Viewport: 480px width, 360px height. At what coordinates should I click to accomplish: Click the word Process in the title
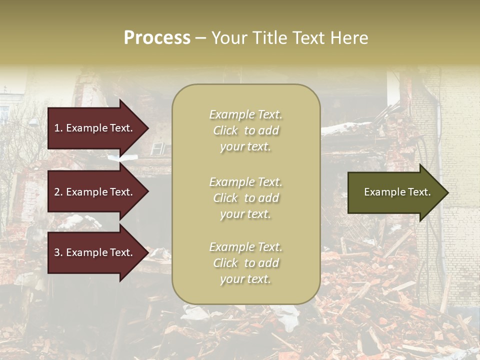coord(157,38)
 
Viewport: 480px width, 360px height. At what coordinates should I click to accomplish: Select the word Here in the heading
coord(350,38)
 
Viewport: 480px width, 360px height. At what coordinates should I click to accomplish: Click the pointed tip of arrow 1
coord(147,128)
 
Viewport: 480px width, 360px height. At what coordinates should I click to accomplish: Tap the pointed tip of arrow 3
coord(147,252)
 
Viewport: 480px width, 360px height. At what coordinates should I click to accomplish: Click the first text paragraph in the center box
coord(245,130)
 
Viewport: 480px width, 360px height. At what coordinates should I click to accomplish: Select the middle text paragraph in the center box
coord(245,198)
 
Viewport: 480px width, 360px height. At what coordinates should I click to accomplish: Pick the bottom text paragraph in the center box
coord(245,263)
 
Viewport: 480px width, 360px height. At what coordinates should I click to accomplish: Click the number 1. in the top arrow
coord(58,128)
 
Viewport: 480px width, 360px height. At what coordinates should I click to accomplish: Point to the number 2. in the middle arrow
coord(58,192)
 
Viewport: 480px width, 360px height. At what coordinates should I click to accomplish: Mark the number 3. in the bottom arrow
coord(58,252)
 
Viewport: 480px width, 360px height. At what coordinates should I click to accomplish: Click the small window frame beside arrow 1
coord(157,148)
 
